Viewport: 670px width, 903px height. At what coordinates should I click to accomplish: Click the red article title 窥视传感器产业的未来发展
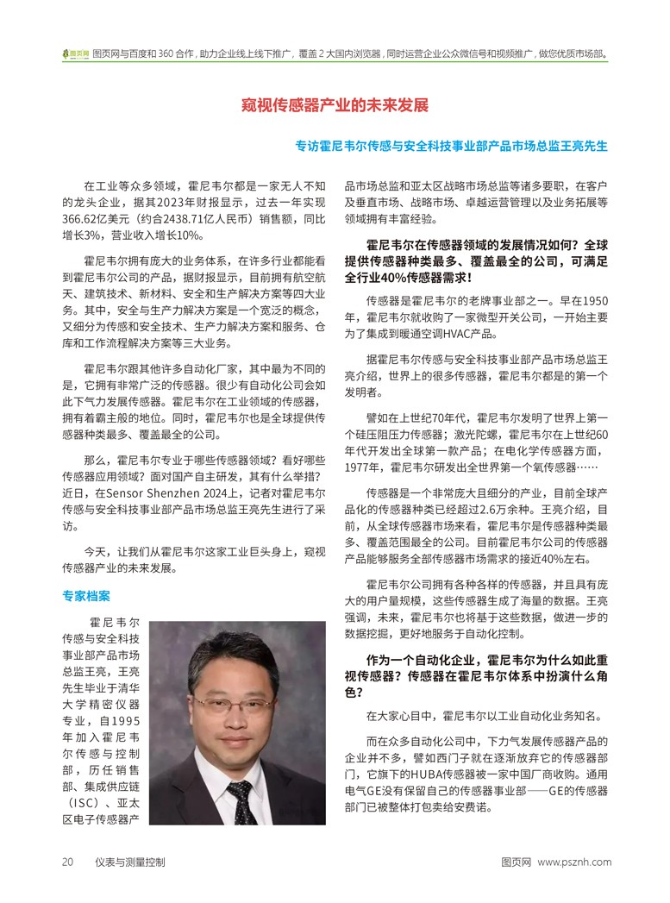pos(335,106)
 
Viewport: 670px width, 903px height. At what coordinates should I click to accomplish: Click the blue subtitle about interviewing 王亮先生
pos(452,146)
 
